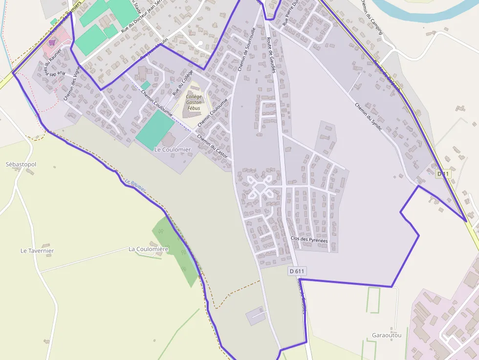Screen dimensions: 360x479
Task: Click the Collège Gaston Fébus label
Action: click(x=194, y=102)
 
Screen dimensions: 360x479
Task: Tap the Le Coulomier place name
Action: click(x=173, y=149)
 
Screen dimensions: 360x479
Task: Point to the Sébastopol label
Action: click(x=21, y=164)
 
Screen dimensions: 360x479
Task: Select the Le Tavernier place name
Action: click(x=37, y=251)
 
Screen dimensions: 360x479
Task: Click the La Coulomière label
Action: click(x=148, y=249)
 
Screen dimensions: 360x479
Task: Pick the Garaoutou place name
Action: click(x=387, y=335)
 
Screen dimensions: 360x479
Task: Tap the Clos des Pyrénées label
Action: click(x=309, y=239)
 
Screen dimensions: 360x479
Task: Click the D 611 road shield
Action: click(x=297, y=271)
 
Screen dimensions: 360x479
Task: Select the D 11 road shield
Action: click(x=443, y=174)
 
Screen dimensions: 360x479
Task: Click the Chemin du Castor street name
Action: click(x=212, y=146)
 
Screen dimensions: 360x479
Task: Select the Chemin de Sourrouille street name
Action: click(x=246, y=49)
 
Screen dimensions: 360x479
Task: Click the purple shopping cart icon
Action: click(x=51, y=43)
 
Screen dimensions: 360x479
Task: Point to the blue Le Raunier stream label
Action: click(x=135, y=186)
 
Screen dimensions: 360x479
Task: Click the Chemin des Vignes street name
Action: click(x=71, y=84)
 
